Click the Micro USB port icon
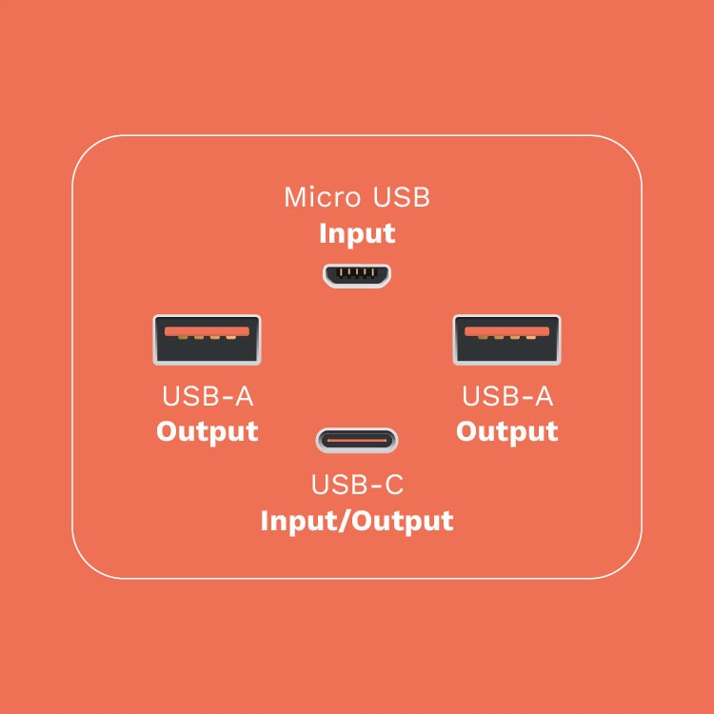click(x=356, y=276)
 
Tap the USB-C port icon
click(x=356, y=441)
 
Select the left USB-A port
click(x=207, y=340)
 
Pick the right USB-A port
click(x=506, y=340)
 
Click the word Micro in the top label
click(x=322, y=198)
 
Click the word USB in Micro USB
click(x=400, y=198)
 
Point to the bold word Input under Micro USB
click(x=356, y=234)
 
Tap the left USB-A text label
click(x=208, y=396)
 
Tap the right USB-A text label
click(x=506, y=396)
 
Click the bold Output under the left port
click(x=208, y=431)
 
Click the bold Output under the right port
click(x=506, y=431)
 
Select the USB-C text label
click(x=357, y=486)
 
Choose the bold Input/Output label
click(x=356, y=522)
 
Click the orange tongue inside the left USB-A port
click(x=207, y=331)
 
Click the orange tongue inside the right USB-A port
click(x=506, y=331)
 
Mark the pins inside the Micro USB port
click(x=356, y=273)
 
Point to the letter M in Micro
click(x=296, y=198)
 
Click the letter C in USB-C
click(x=393, y=486)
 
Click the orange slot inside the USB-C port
click(x=356, y=441)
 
